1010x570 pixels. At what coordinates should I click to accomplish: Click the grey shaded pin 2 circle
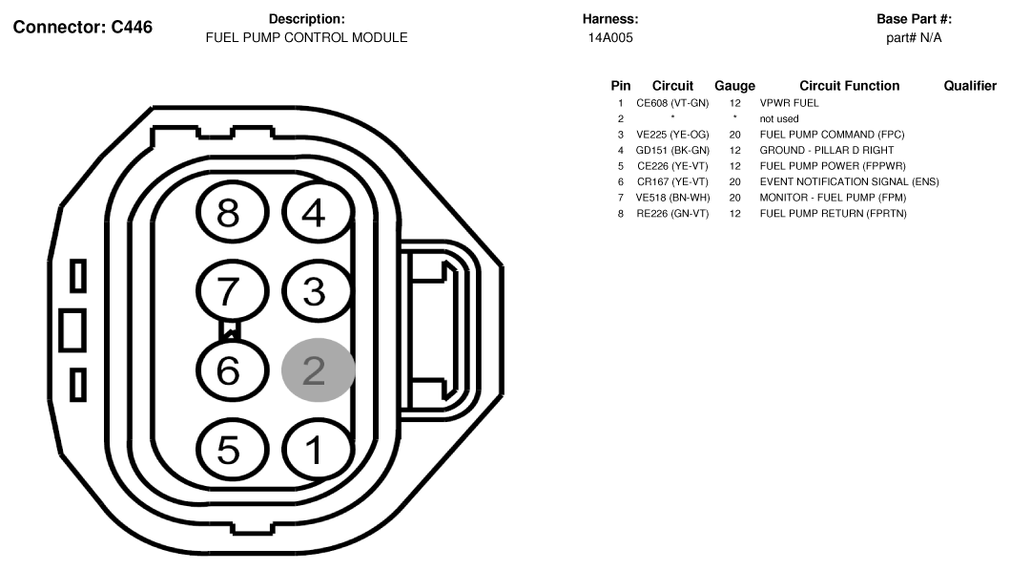(x=319, y=370)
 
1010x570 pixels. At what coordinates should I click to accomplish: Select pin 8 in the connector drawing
(x=232, y=212)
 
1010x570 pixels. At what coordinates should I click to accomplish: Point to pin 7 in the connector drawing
(x=232, y=291)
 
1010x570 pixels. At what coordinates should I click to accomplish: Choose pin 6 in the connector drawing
(x=232, y=370)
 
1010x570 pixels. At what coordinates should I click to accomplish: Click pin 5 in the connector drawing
(x=232, y=450)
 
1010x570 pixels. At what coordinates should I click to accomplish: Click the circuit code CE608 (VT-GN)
(x=672, y=103)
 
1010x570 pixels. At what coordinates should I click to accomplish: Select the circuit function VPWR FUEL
(x=789, y=103)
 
